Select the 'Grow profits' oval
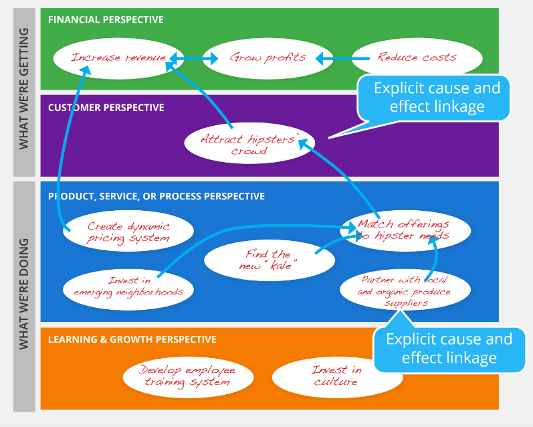pyautogui.click(x=268, y=58)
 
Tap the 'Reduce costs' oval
pyautogui.click(x=416, y=58)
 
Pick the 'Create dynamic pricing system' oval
pyautogui.click(x=128, y=232)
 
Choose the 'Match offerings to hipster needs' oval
pyautogui.click(x=404, y=230)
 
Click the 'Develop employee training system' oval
pyautogui.click(x=187, y=376)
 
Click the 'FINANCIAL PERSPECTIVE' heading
pyautogui.click(x=106, y=19)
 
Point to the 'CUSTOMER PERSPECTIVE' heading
pyautogui.click(x=106, y=107)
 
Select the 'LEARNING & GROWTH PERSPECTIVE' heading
pyautogui.click(x=132, y=339)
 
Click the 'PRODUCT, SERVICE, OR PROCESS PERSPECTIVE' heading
pyautogui.click(x=156, y=196)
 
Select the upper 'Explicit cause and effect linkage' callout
pyautogui.click(x=436, y=98)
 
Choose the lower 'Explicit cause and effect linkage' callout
pyautogui.click(x=449, y=348)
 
